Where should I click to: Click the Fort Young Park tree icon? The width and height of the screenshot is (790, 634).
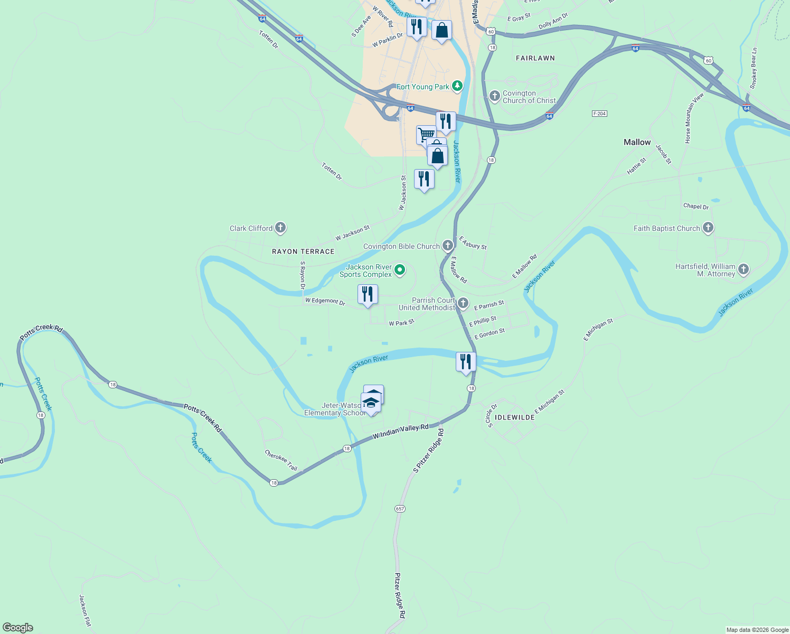[x=457, y=86]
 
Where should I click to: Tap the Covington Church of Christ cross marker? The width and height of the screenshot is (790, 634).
[x=495, y=96]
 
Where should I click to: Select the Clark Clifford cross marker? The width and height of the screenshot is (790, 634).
[x=280, y=228]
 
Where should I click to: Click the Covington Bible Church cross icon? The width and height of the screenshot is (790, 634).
[x=447, y=246]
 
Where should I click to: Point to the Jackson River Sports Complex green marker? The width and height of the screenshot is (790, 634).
[x=400, y=271]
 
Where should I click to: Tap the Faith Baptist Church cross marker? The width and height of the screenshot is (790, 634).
[x=708, y=228]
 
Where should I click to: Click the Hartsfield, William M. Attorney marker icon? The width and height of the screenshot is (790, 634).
[x=744, y=269]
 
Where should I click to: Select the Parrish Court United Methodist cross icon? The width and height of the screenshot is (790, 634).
[x=463, y=303]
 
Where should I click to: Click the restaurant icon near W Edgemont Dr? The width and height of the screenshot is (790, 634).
[x=368, y=294]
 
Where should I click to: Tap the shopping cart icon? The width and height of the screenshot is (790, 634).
[x=426, y=134]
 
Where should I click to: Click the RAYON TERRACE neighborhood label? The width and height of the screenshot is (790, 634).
[x=303, y=251]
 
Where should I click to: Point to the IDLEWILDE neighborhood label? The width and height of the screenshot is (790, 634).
[x=515, y=417]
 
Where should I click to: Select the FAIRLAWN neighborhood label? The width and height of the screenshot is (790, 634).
[x=535, y=58]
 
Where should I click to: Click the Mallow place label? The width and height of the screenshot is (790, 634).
[x=637, y=142]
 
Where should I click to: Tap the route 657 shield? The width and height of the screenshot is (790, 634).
[x=400, y=509]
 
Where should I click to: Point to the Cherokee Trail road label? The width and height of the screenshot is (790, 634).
[x=281, y=460]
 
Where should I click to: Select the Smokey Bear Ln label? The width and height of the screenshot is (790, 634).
[x=754, y=69]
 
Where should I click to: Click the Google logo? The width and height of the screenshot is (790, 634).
[x=18, y=628]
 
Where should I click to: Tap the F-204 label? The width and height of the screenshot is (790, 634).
[x=599, y=114]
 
